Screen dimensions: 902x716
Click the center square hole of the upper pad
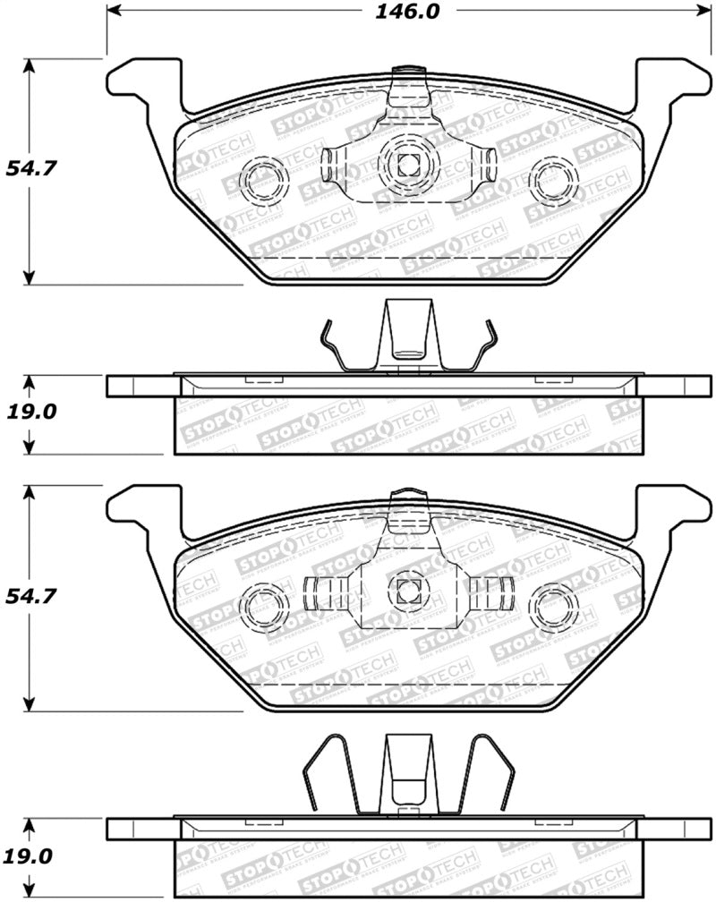pyautogui.click(x=408, y=164)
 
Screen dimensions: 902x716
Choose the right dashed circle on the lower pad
pyautogui.click(x=553, y=606)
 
